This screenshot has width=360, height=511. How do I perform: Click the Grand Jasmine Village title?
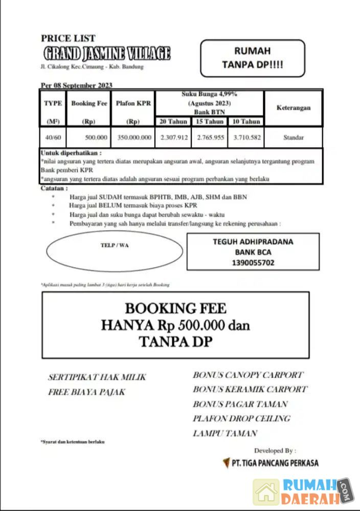[106, 53]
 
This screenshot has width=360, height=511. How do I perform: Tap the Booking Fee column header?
[89, 103]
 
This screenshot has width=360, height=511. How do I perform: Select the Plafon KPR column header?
[133, 103]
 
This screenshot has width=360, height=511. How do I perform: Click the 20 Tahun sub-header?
[173, 122]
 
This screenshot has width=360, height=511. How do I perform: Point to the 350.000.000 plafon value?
[134, 137]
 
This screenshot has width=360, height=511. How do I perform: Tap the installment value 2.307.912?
[174, 137]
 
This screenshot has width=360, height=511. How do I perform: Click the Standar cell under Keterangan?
[294, 137]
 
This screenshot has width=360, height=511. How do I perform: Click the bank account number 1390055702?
[253, 263]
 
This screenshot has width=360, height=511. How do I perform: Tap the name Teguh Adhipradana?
[253, 242]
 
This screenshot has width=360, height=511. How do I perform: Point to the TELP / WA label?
[115, 245]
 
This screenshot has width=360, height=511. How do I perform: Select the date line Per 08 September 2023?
[76, 85]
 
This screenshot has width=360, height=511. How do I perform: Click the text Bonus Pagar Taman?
[240, 404]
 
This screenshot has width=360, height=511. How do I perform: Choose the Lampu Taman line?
[224, 433]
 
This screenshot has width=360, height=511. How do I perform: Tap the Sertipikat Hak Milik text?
[97, 377]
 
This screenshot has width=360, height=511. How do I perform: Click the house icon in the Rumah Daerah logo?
[266, 492]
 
